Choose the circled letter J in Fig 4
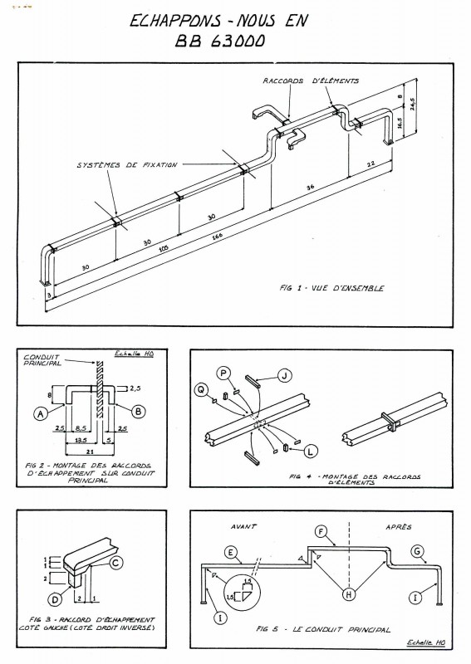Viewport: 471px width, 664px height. pos(284,376)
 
